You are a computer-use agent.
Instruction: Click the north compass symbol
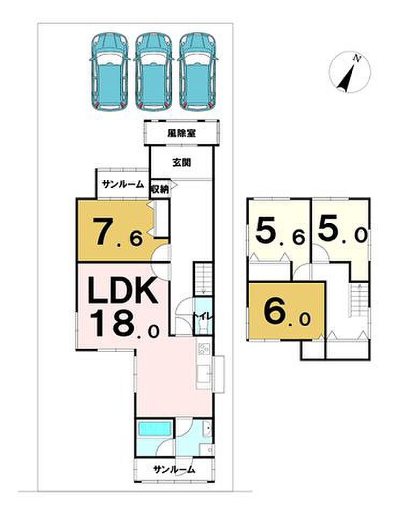(x=350, y=72)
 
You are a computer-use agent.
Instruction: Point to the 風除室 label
(x=181, y=133)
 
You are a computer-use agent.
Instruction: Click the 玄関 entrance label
(x=181, y=162)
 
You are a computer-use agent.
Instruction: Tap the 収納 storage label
(x=160, y=189)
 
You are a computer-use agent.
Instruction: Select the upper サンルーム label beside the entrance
(x=123, y=184)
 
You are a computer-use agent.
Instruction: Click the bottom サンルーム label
(x=174, y=469)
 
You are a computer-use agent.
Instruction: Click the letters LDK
(x=122, y=291)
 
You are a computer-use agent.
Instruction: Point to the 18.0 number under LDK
(x=125, y=323)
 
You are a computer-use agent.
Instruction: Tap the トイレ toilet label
(x=203, y=317)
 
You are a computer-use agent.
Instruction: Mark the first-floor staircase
(x=203, y=279)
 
